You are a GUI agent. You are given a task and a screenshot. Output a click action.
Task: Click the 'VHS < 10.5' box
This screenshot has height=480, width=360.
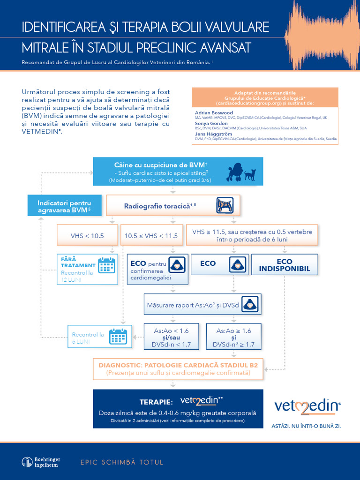(x=87, y=235)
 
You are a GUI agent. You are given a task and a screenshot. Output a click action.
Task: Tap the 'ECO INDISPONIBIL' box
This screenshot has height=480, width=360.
(x=285, y=265)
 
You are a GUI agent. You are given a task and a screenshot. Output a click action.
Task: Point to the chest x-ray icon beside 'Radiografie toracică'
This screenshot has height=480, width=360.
(x=225, y=205)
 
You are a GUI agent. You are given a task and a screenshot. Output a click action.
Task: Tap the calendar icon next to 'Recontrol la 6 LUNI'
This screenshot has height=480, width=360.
(x=118, y=337)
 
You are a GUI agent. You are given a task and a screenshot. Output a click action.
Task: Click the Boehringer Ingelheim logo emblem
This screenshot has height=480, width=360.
(x=27, y=462)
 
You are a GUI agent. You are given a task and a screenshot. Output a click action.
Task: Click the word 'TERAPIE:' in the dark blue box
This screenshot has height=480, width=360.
(x=156, y=402)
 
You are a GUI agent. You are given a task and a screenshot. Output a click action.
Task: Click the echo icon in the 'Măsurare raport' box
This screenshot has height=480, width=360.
(x=250, y=304)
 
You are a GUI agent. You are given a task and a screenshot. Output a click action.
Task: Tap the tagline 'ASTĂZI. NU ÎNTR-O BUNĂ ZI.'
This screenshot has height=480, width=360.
(x=306, y=426)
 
